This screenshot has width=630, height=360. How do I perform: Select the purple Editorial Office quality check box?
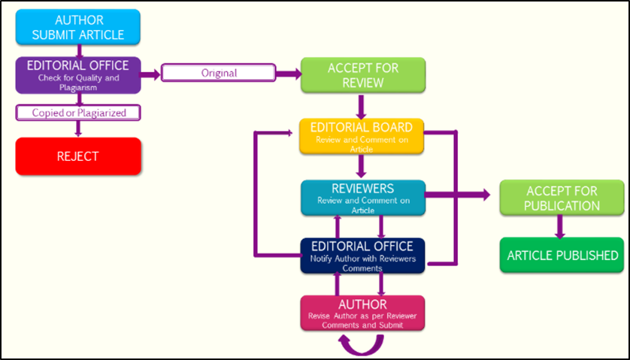pyautogui.click(x=77, y=75)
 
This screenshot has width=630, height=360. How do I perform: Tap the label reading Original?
pyautogui.click(x=219, y=74)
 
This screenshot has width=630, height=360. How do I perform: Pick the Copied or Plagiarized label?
pyautogui.click(x=78, y=113)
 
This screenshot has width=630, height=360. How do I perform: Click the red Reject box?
pyautogui.click(x=77, y=156)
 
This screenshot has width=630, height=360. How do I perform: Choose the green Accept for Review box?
pyautogui.click(x=363, y=75)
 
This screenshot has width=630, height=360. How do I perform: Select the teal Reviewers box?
pyautogui.click(x=362, y=198)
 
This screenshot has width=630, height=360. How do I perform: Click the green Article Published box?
pyautogui.click(x=563, y=256)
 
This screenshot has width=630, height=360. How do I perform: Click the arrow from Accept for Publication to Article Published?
pyautogui.click(x=559, y=226)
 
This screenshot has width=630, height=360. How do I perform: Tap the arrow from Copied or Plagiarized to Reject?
pyautogui.click(x=78, y=128)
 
